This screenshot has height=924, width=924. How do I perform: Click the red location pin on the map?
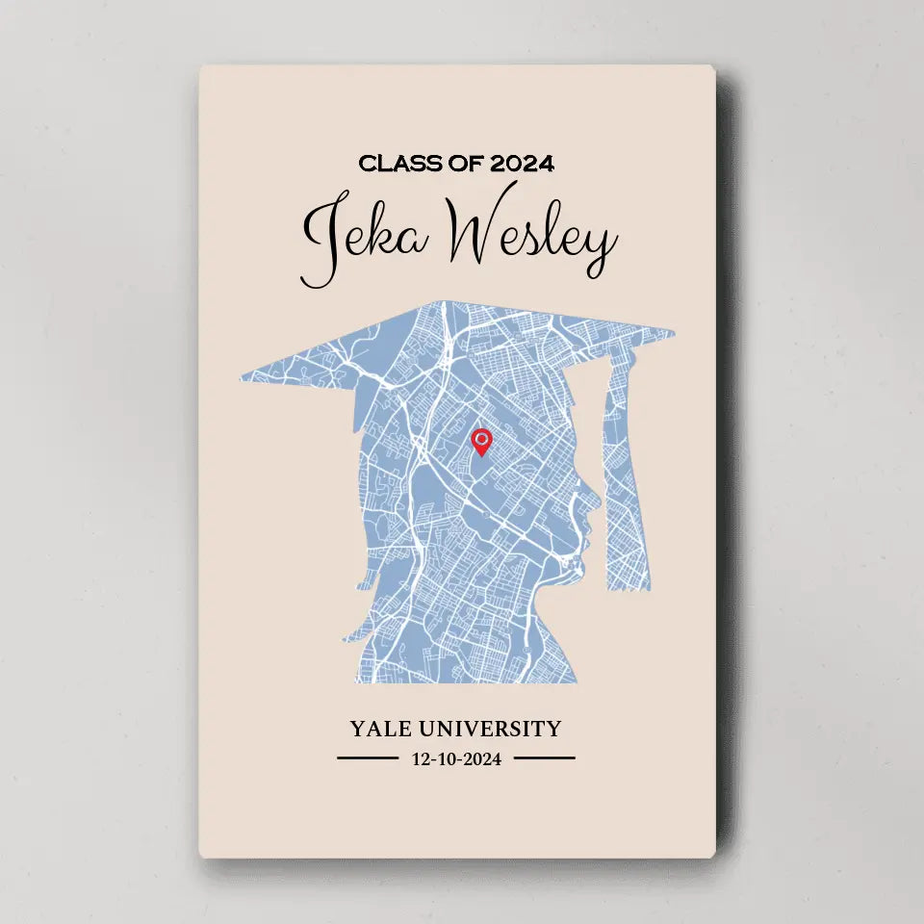click(x=481, y=441)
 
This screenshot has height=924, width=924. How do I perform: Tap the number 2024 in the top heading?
click(x=523, y=164)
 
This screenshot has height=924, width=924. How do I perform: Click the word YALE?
click(x=383, y=729)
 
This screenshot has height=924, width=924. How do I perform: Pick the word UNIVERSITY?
click(x=496, y=729)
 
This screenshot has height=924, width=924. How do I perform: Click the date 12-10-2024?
click(x=456, y=758)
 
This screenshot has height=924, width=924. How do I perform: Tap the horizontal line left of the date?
click(x=367, y=758)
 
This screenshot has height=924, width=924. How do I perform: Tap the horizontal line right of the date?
click(x=544, y=758)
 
